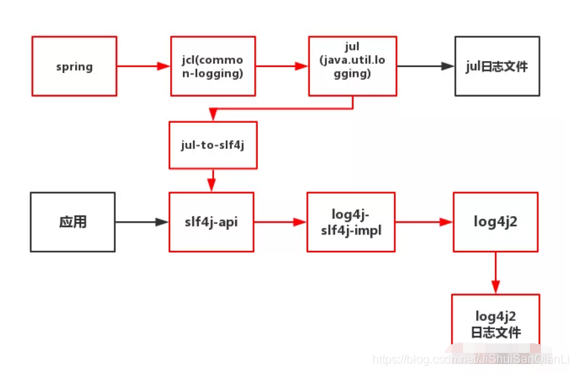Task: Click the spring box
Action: tap(74, 66)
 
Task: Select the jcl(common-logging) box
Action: tap(213, 66)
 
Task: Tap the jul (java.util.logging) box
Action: tap(352, 66)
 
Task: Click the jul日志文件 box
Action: tap(496, 66)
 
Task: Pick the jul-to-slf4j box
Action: tap(213, 144)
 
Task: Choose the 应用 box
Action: tap(73, 222)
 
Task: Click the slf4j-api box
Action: tap(212, 222)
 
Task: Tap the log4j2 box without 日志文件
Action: tap(496, 222)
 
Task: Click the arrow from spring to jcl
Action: tap(143, 66)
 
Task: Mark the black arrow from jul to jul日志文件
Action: tap(424, 66)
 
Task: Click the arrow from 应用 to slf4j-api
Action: tap(141, 222)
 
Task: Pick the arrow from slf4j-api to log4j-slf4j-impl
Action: tap(281, 222)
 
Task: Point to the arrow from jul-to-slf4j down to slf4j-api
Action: tap(213, 179)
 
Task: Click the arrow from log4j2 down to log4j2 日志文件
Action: tap(496, 272)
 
